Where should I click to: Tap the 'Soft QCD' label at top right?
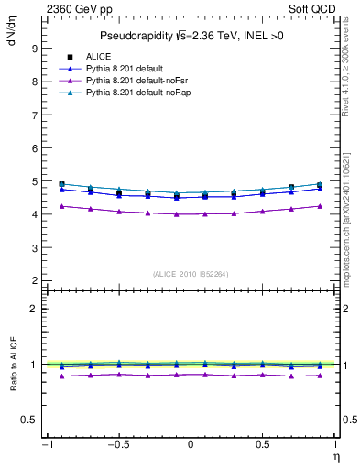coord(312,8)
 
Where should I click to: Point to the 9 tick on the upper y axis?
coord(34,48)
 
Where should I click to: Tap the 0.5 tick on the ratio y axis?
coord(29,420)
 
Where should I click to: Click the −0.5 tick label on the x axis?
coord(117,445)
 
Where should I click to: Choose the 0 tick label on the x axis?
coord(190,445)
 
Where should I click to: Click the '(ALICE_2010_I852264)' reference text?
coord(190,273)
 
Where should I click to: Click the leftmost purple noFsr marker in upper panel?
coord(61,206)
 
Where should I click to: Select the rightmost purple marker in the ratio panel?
coord(320,376)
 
